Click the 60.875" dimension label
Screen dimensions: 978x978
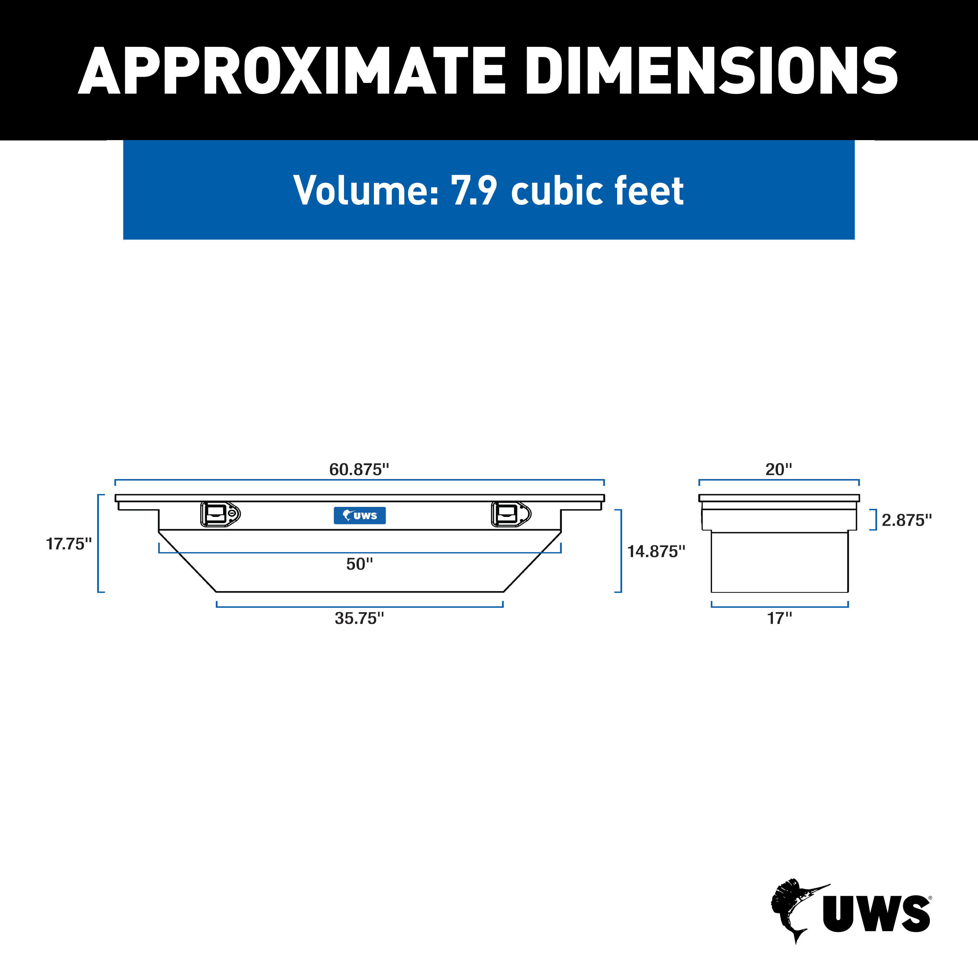(359, 469)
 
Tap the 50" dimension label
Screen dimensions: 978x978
(359, 564)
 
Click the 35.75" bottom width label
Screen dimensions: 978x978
(359, 618)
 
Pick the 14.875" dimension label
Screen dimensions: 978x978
(656, 551)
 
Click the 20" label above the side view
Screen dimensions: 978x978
(779, 469)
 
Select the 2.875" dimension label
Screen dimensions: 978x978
(906, 520)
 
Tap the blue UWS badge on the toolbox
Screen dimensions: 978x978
(359, 515)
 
